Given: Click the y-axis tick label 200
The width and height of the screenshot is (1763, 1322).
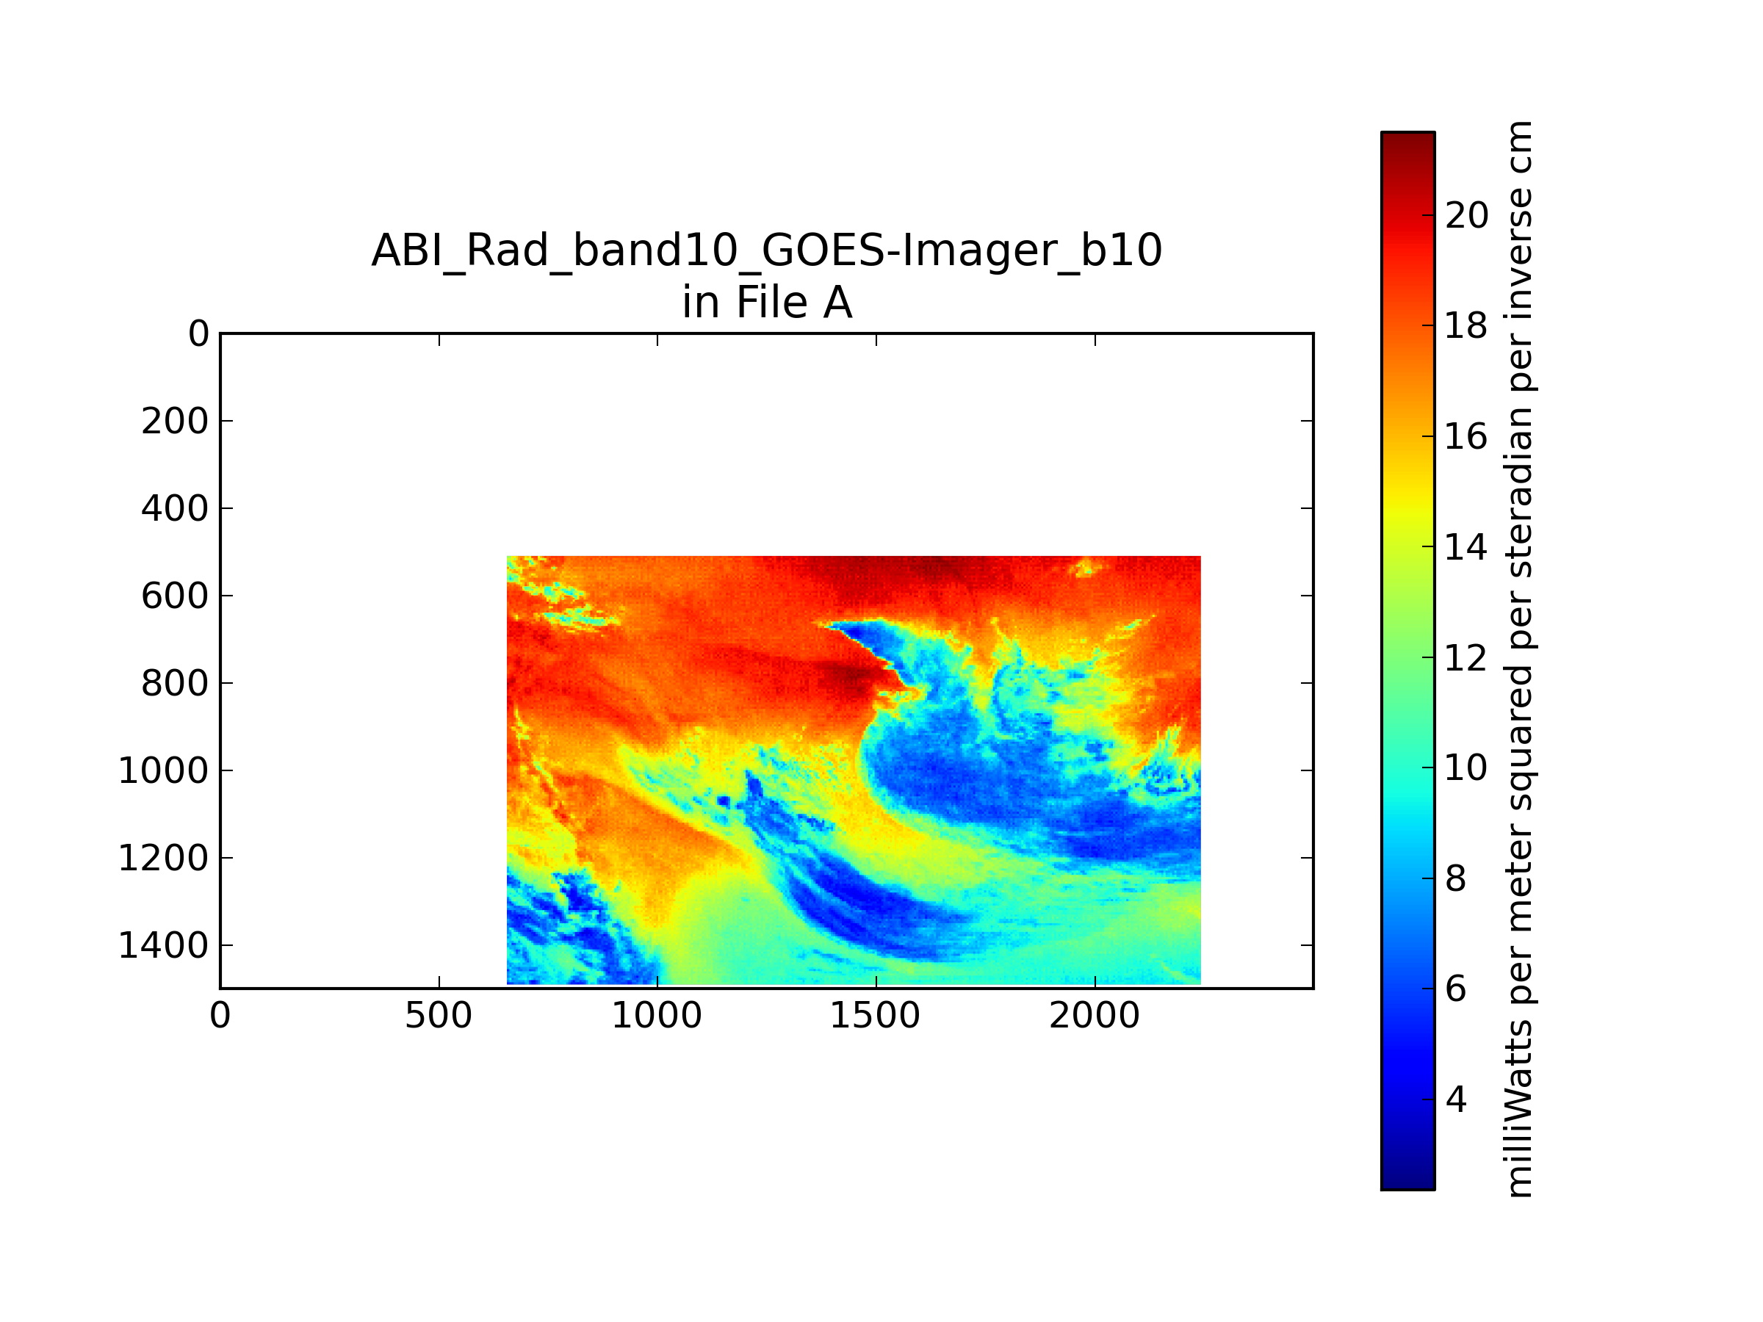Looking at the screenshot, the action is (175, 421).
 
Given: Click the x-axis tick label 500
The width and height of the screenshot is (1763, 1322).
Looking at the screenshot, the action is (439, 1016).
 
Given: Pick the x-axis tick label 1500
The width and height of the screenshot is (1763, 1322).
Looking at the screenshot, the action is (875, 1016).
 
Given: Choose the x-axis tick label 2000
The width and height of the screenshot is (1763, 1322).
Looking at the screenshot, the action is (1095, 1016).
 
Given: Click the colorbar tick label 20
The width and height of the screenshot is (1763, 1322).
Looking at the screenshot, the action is (1466, 215).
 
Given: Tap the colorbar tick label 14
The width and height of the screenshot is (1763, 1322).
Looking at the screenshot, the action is (1466, 547).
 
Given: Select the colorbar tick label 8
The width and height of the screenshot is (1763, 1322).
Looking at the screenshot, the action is (1455, 879).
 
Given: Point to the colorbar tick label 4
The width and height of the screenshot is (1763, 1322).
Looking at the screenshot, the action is (1455, 1099).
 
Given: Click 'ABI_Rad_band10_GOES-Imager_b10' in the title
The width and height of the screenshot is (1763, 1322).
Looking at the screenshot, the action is (767, 251).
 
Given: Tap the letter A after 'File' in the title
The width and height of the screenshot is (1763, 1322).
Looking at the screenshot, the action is (837, 303).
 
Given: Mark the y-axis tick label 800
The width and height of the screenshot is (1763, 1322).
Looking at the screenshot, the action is (175, 683).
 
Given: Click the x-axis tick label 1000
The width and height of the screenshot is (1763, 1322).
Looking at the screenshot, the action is (657, 1016).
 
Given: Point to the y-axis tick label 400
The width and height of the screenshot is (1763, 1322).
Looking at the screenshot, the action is (175, 508).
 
